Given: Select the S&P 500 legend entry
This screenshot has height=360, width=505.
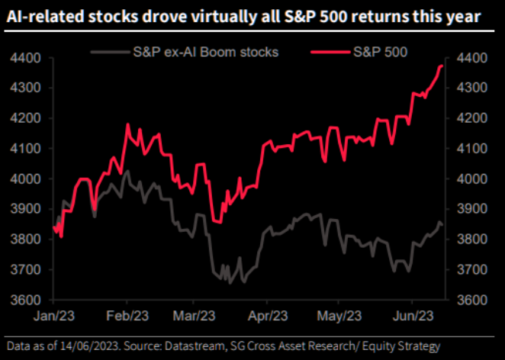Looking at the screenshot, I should click(x=381, y=52).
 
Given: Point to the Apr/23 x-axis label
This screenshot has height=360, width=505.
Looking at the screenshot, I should click(x=268, y=315).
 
